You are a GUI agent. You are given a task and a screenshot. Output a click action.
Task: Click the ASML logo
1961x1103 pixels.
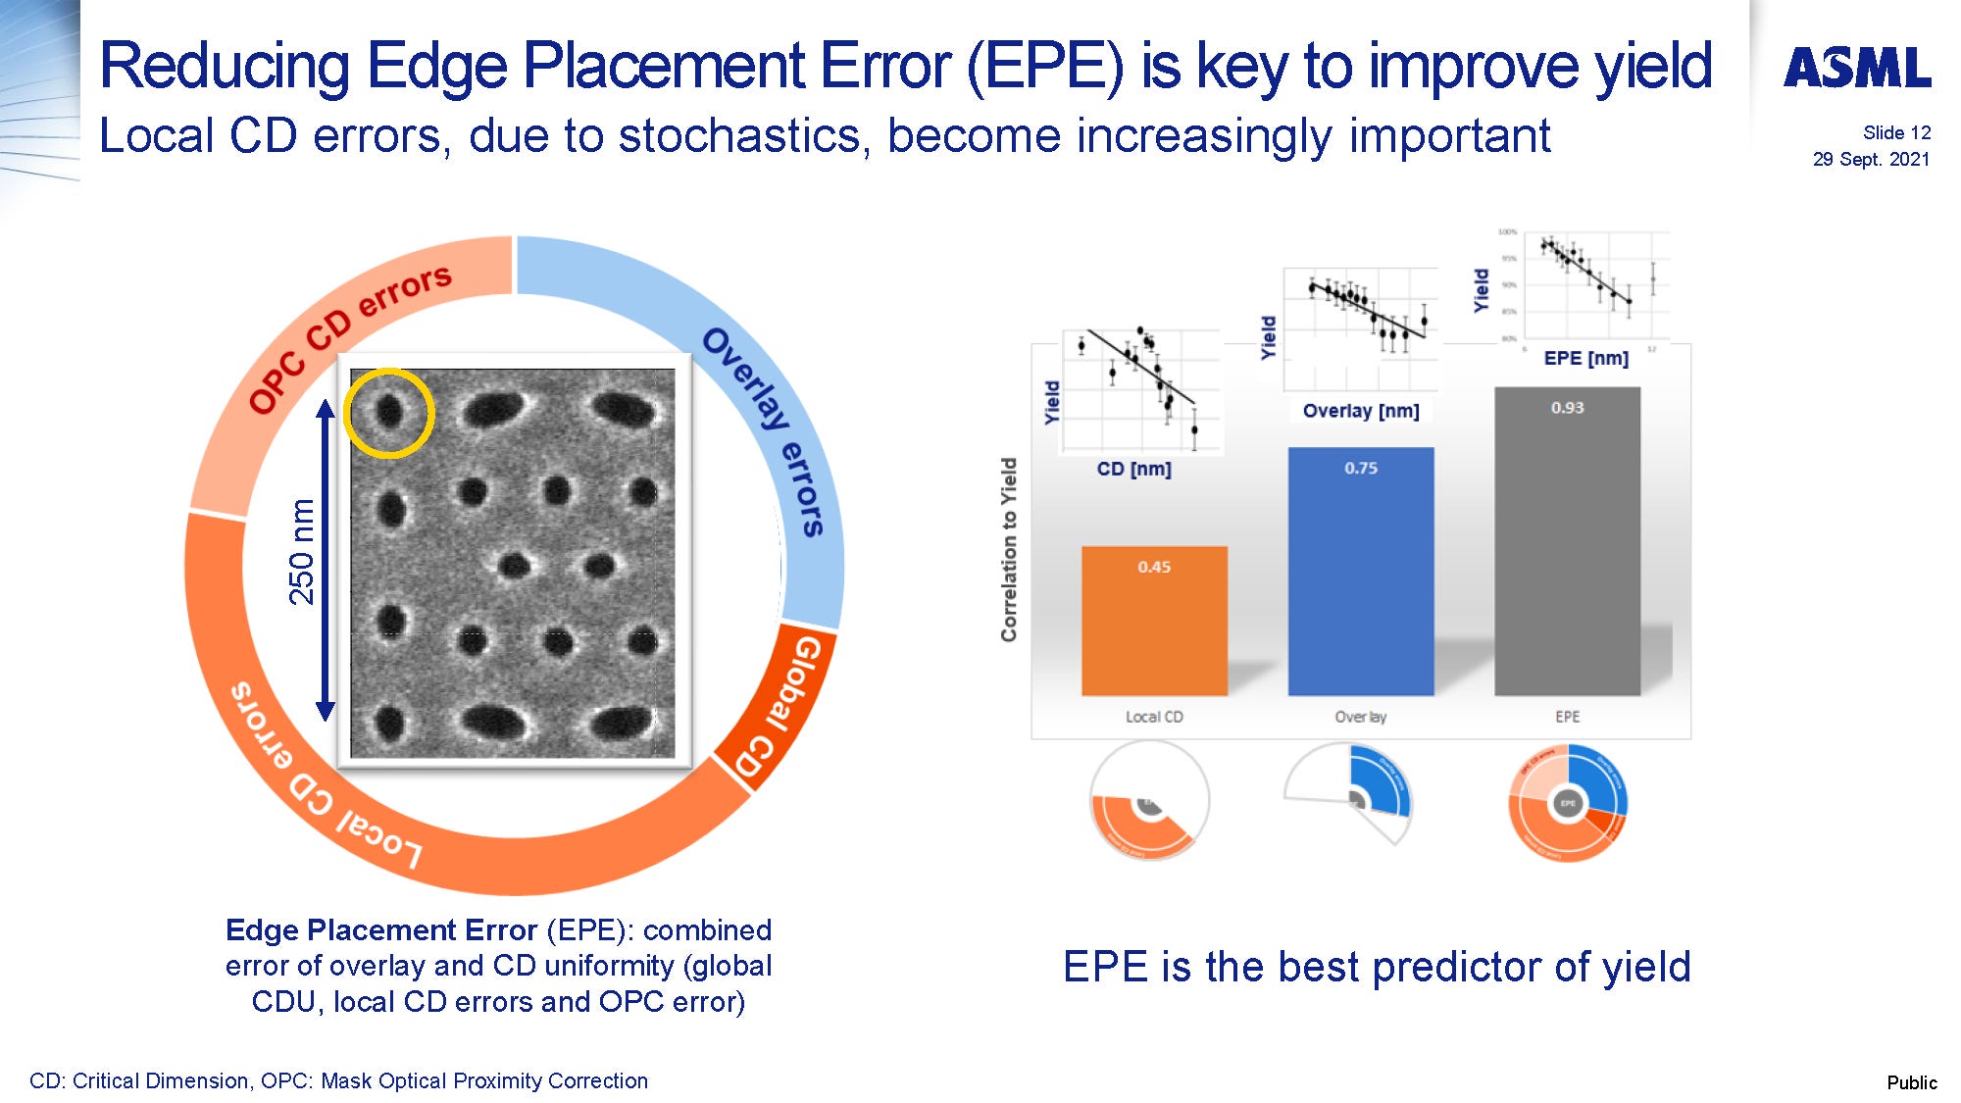tap(1857, 68)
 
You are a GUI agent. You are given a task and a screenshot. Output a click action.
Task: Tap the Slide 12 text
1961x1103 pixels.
tap(1896, 132)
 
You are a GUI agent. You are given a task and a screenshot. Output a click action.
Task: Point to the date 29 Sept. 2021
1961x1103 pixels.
tap(1871, 159)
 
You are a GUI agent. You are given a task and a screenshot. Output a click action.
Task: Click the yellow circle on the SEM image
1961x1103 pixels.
tap(389, 413)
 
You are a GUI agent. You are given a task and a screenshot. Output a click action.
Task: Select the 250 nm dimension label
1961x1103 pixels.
tap(301, 551)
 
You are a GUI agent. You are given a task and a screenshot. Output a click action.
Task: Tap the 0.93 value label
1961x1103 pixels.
tap(1567, 407)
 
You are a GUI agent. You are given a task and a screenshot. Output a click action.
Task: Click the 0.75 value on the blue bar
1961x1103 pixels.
tap(1360, 468)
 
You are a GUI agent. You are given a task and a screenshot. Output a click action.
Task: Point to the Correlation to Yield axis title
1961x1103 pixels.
tap(1009, 549)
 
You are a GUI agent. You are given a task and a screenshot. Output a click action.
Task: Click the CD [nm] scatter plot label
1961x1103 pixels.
tap(1133, 469)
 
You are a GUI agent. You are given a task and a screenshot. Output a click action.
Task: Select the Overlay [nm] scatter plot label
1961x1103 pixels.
tap(1360, 411)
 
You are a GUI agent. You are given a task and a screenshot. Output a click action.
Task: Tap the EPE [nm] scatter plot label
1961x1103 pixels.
tap(1585, 358)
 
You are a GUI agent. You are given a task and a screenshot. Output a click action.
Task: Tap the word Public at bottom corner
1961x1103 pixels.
tap(1911, 1082)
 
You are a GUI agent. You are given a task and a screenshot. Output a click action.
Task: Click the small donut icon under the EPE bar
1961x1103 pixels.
tap(1567, 803)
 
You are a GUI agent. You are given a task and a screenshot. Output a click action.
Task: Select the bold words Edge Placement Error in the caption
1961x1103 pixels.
tap(380, 929)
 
